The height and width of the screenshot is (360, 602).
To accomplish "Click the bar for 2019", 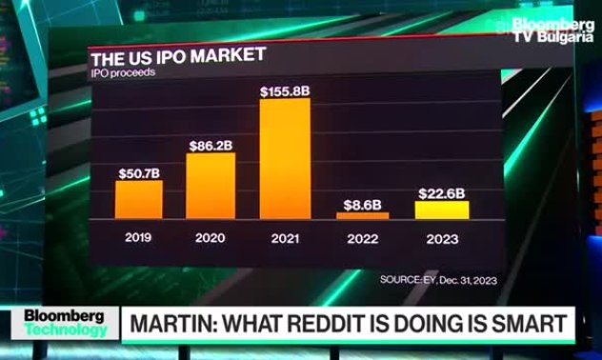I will coord(139,199).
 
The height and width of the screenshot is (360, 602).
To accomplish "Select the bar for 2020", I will coord(211,186).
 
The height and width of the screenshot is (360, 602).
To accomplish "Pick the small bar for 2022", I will coord(363,216).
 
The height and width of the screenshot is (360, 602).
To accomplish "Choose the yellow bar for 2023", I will coord(442,210).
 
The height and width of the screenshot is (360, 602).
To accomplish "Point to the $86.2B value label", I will coord(211,144).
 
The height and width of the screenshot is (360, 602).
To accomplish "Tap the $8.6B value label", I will coord(363,203).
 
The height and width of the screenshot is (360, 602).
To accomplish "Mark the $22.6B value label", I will coord(442,192).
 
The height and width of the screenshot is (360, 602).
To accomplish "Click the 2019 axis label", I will coord(139,236).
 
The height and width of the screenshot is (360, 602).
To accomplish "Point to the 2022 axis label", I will coord(363,236).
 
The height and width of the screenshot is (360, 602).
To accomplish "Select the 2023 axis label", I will coord(442,236).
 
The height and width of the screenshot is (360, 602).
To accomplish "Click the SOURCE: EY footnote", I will coord(437,280).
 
